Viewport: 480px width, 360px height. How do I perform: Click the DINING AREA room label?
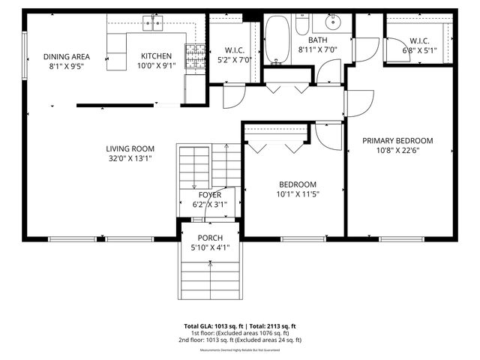click(x=65, y=56)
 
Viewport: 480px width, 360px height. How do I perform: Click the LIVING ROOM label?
click(x=130, y=148)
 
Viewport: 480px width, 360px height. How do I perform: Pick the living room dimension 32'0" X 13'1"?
click(x=130, y=158)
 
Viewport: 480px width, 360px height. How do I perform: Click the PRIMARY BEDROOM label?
click(x=397, y=140)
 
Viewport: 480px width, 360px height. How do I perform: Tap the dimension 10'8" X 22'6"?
click(x=397, y=151)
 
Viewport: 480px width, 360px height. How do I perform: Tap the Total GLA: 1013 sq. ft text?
click(x=213, y=326)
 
